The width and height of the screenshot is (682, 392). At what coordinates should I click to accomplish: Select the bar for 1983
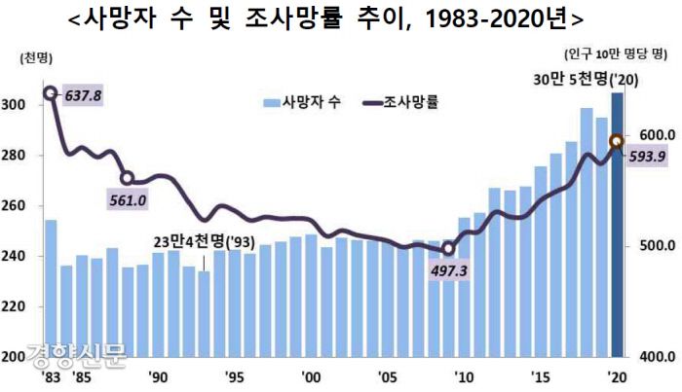(x=51, y=288)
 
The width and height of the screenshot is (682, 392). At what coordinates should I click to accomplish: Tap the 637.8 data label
(x=82, y=95)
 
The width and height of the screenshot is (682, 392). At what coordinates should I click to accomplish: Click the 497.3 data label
(x=448, y=269)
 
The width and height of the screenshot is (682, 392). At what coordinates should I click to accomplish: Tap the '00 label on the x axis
(x=310, y=376)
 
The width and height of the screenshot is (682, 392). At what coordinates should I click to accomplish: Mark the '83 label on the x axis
(x=49, y=376)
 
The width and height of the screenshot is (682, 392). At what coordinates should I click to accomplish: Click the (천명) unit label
(x=34, y=60)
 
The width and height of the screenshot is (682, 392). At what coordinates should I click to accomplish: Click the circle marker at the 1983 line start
(x=51, y=94)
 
